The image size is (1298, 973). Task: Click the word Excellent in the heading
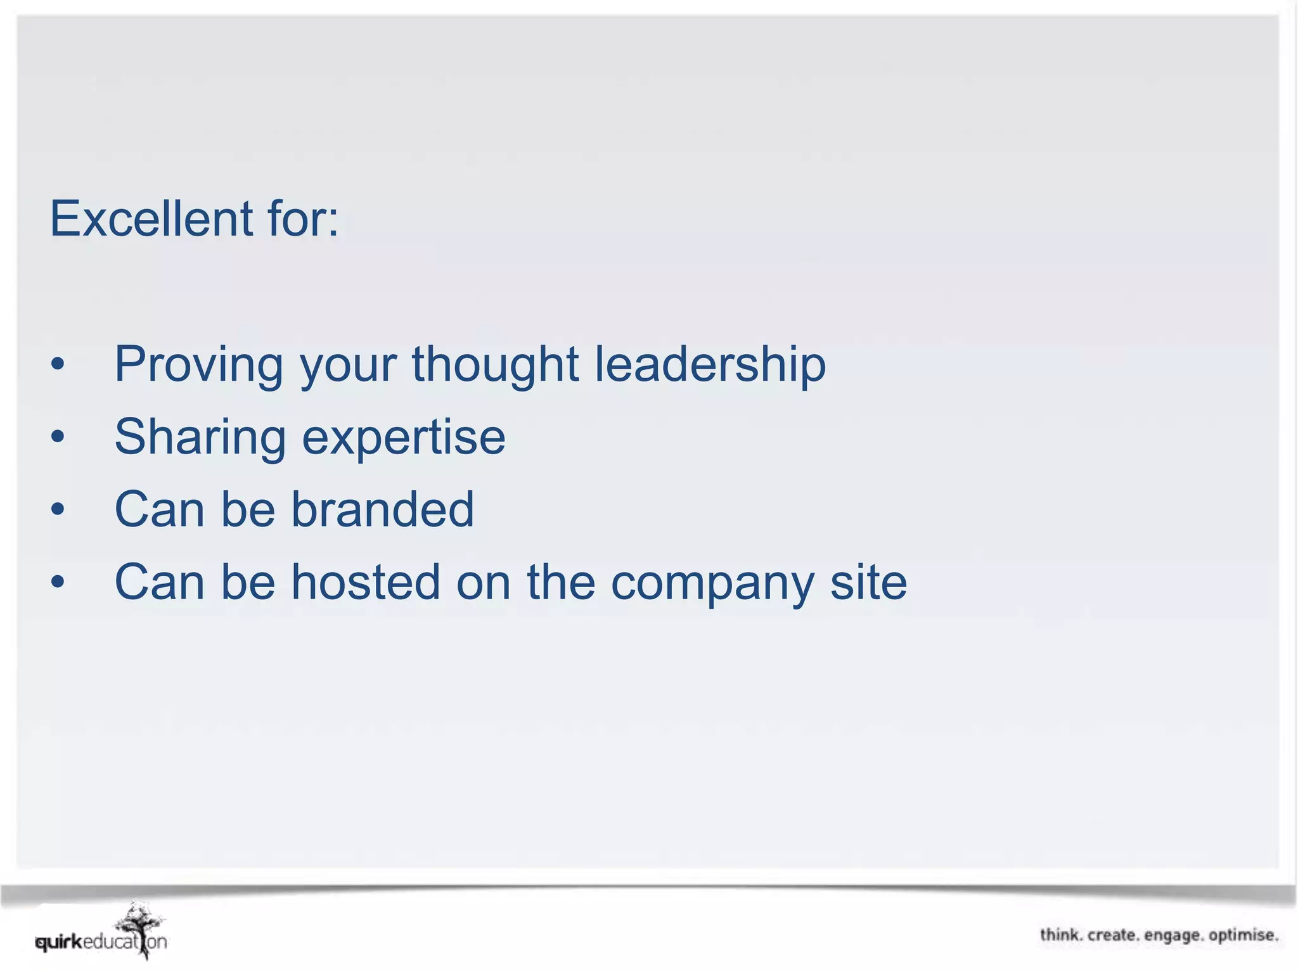[151, 219]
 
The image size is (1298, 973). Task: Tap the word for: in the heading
[304, 219]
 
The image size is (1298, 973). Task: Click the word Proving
[198, 366]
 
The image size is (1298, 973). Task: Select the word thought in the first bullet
[495, 366]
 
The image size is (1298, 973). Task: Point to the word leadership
[710, 366]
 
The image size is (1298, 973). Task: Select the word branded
[382, 509]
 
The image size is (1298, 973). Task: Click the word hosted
[365, 582]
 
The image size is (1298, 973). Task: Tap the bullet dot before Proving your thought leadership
[58, 364]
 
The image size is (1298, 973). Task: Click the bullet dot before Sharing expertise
[58, 436]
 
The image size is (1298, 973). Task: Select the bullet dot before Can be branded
[58, 509]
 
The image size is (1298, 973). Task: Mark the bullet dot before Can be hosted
[58, 582]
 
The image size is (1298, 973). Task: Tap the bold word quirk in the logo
[59, 943]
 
